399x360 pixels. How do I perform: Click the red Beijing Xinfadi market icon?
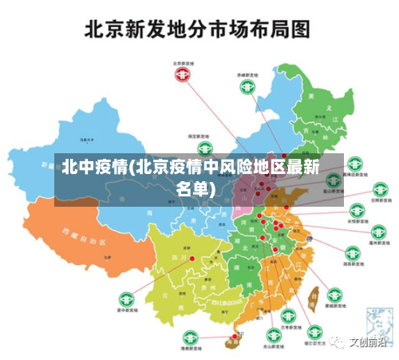(x=183, y=75)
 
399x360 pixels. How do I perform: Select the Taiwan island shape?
(x=314, y=298)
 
